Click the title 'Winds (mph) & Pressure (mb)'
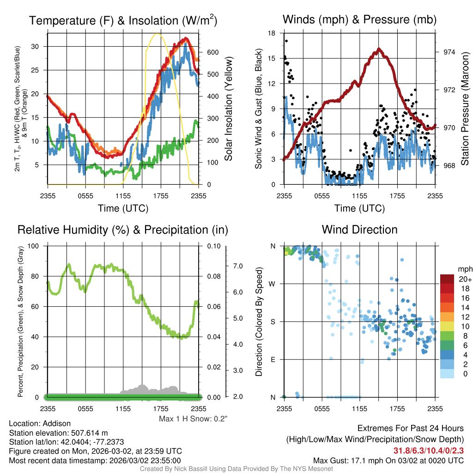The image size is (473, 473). (x=359, y=19)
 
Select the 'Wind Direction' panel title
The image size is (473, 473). (x=359, y=230)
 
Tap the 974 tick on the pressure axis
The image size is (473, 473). (x=445, y=52)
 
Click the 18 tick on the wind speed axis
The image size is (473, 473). (x=272, y=33)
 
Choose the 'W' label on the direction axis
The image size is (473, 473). (x=273, y=284)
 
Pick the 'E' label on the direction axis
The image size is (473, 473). (x=273, y=359)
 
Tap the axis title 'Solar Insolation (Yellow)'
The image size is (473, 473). (x=229, y=109)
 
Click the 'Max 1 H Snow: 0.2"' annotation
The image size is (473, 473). (x=194, y=418)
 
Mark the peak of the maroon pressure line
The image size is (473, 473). (x=379, y=49)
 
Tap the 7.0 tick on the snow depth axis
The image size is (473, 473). (x=237, y=266)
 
